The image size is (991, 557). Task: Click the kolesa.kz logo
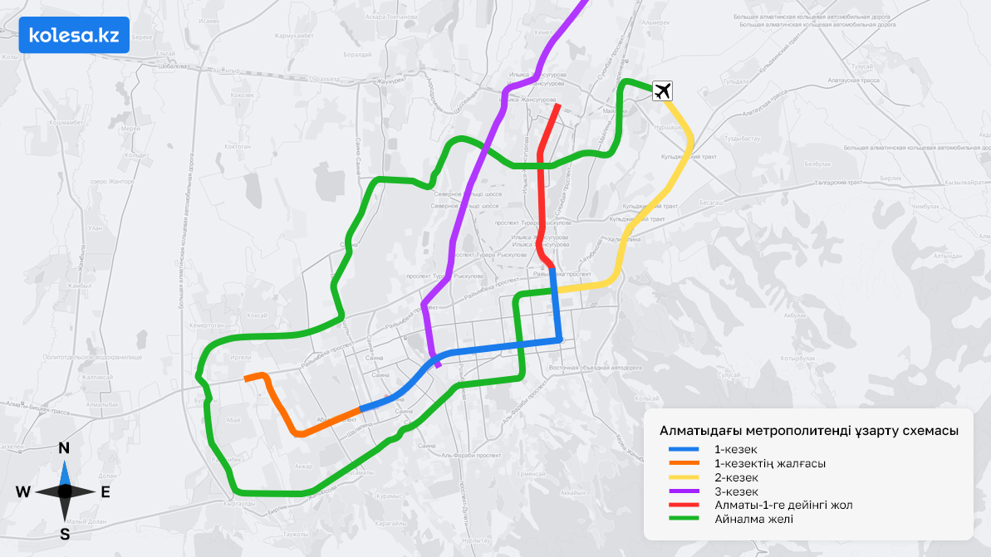(74, 35)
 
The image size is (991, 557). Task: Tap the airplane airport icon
(663, 91)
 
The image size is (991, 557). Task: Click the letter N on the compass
(64, 449)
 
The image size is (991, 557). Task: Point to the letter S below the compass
(64, 534)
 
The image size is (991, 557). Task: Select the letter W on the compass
(22, 491)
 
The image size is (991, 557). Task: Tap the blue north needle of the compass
(64, 473)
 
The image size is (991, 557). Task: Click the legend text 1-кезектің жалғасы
(769, 463)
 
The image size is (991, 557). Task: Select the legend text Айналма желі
(753, 519)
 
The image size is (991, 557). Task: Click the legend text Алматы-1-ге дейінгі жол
(783, 505)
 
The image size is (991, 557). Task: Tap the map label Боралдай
(357, 55)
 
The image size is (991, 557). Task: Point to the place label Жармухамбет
(297, 36)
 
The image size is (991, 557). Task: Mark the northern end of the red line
(557, 105)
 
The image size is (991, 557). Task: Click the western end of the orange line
(247, 379)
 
